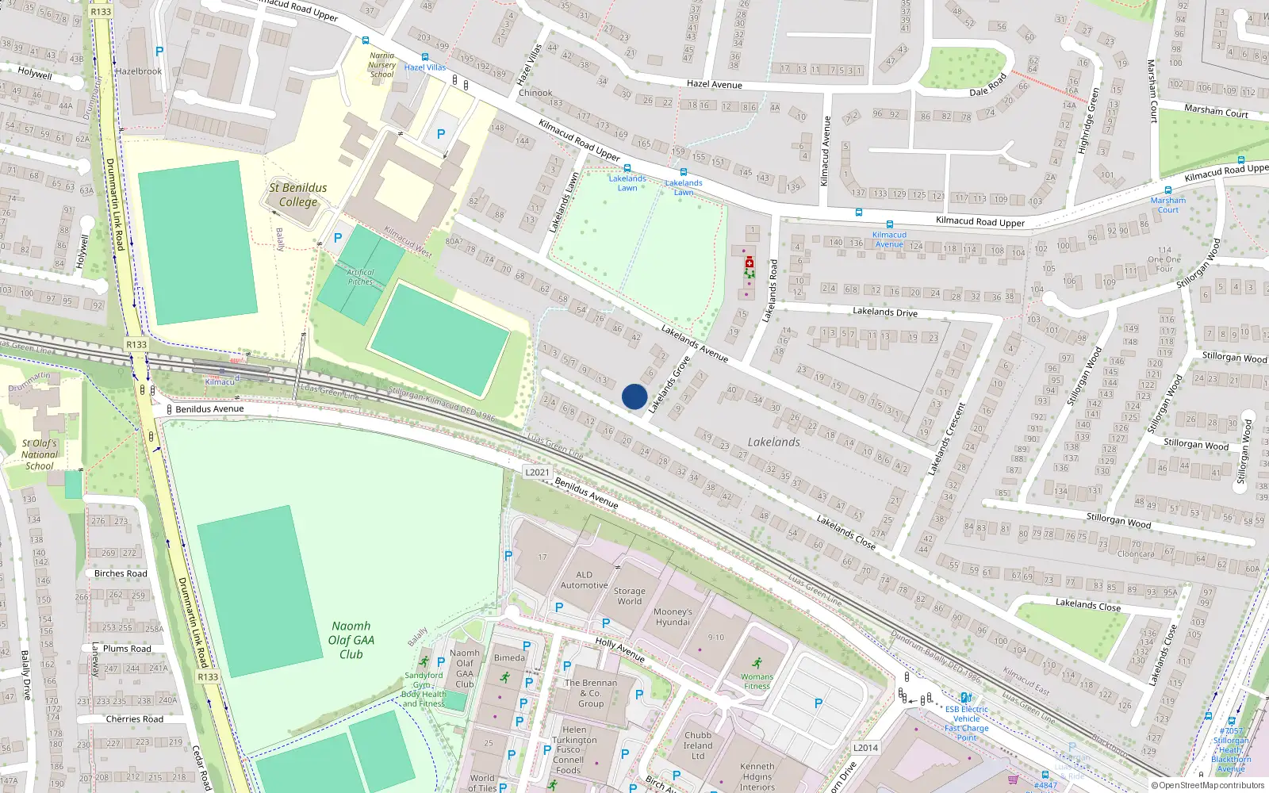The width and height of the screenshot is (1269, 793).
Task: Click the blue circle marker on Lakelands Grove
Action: tap(634, 396)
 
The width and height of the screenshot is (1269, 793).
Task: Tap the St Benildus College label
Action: tap(297, 194)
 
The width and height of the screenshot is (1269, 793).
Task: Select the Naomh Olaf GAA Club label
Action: tap(351, 640)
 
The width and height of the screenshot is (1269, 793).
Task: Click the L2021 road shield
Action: tap(537, 472)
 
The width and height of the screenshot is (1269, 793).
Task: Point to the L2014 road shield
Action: tap(865, 748)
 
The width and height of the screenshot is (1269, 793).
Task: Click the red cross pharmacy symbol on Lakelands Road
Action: tap(750, 262)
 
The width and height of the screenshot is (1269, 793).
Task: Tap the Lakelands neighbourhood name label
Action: tap(773, 442)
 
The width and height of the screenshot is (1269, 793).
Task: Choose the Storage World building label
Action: tap(629, 596)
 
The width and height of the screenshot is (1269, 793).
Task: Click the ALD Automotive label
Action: tap(584, 580)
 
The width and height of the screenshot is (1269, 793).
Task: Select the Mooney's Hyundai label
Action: tap(673, 617)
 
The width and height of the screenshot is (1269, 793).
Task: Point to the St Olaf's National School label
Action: tap(39, 454)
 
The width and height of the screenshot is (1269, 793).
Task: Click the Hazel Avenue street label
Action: tap(714, 84)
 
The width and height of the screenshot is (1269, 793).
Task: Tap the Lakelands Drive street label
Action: tap(884, 312)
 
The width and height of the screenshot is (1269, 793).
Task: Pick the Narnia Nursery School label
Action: tap(381, 65)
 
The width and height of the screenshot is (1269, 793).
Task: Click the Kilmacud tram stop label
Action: tap(220, 382)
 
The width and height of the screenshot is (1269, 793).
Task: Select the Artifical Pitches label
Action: tap(360, 277)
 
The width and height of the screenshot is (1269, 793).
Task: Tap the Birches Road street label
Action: tap(121, 573)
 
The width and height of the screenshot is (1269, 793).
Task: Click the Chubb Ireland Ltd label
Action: tap(697, 745)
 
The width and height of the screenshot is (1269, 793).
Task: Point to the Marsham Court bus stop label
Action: tap(1167, 205)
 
